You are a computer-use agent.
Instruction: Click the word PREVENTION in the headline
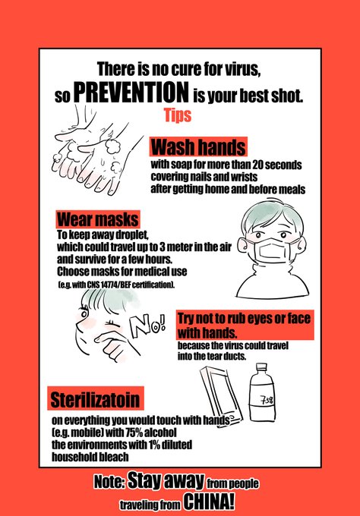131,92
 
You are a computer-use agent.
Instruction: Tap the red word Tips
178,115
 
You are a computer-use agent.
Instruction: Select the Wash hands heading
199,147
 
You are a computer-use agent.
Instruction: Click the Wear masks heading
97,219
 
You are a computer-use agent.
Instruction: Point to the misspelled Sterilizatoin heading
95,399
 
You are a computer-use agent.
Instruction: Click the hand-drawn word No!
147,326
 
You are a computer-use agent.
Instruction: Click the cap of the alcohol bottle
261,367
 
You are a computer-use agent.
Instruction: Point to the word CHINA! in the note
209,502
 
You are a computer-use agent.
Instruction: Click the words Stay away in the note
166,481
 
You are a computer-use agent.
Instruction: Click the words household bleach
90,457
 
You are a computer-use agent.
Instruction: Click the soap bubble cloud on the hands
113,146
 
